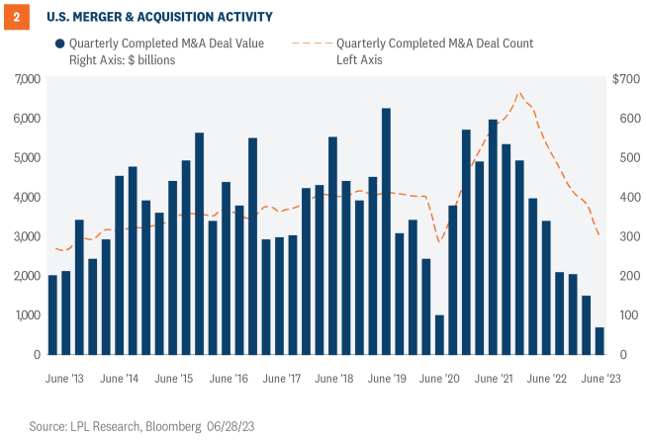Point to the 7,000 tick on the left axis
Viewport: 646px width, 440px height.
(x=25, y=78)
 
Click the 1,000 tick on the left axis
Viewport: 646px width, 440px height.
(x=25, y=315)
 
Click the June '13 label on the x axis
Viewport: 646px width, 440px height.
(x=64, y=379)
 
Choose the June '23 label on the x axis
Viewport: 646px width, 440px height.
(x=601, y=379)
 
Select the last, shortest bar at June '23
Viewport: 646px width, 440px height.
(x=600, y=340)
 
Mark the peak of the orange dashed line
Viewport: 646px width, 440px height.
(x=519, y=93)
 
